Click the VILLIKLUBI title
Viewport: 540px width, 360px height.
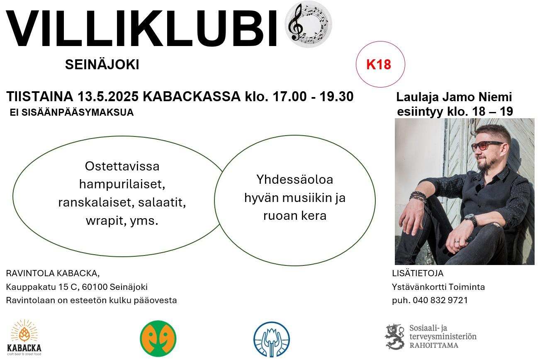(x=141, y=28)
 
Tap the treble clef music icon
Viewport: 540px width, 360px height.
(x=308, y=24)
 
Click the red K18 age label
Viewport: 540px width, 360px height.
(x=379, y=65)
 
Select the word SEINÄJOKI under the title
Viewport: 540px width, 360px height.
(x=102, y=65)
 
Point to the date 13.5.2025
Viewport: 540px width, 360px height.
(x=108, y=97)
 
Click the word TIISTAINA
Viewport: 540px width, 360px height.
(x=39, y=97)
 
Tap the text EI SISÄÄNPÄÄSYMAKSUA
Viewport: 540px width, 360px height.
(x=72, y=112)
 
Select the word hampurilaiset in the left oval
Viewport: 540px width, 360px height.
(x=122, y=185)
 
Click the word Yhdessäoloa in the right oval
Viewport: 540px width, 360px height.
(x=294, y=180)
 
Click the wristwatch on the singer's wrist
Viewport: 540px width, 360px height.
(x=471, y=219)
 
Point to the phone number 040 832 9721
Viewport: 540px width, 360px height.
(x=440, y=300)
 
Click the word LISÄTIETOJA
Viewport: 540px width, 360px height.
(x=418, y=273)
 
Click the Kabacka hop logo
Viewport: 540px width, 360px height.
(x=24, y=338)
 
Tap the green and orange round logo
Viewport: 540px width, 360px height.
(x=158, y=338)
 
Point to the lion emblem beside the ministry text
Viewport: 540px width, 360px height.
(x=395, y=337)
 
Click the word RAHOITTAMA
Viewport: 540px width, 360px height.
(x=434, y=345)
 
